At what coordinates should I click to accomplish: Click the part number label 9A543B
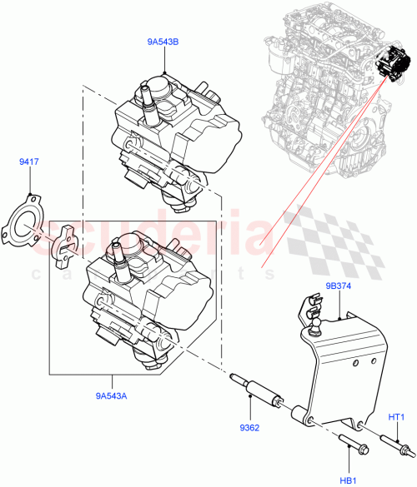pos(165,39)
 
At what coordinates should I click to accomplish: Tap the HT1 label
pos(396,416)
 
